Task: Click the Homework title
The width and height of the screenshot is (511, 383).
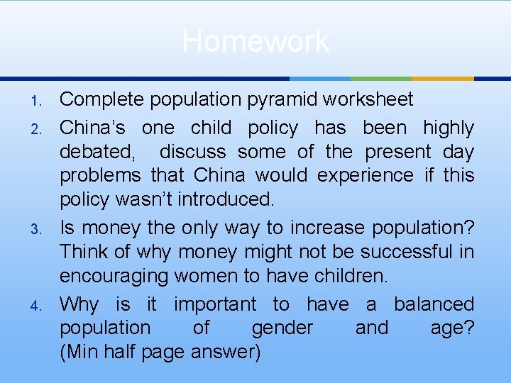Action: pyautogui.click(x=255, y=41)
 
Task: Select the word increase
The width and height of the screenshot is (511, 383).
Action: pyautogui.click(x=322, y=228)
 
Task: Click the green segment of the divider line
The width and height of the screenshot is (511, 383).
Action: pyautogui.click(x=381, y=78)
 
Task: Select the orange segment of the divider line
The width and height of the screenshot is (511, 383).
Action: pyautogui.click(x=443, y=78)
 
